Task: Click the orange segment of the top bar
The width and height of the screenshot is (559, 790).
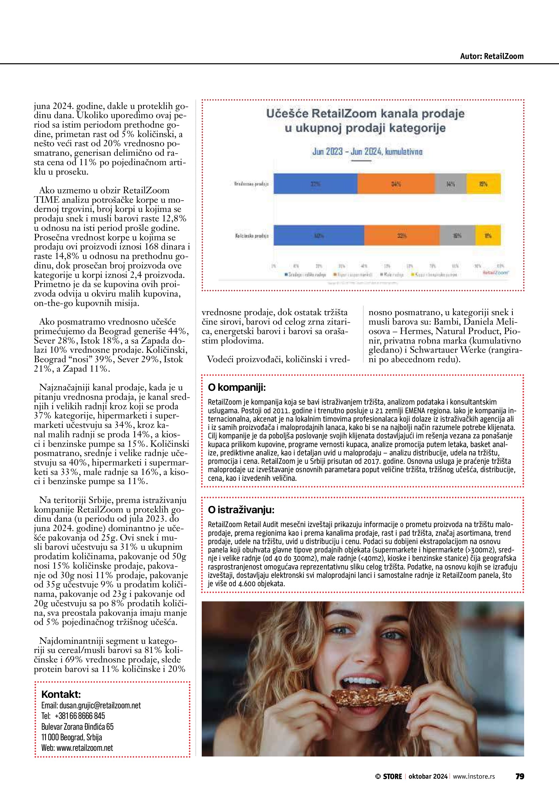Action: tap(396, 184)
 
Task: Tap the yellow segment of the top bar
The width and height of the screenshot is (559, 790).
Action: tap(483, 184)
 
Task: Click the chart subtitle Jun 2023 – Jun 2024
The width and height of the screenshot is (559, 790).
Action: tap(367, 152)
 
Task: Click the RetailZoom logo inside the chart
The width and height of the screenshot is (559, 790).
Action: tap(496, 272)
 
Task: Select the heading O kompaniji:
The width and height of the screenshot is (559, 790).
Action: tap(237, 388)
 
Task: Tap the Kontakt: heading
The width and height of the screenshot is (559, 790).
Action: tap(61, 694)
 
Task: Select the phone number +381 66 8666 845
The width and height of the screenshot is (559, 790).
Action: tap(80, 716)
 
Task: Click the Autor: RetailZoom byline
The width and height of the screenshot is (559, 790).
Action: tap(492, 56)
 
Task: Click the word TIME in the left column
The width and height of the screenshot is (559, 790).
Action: tap(46, 200)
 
